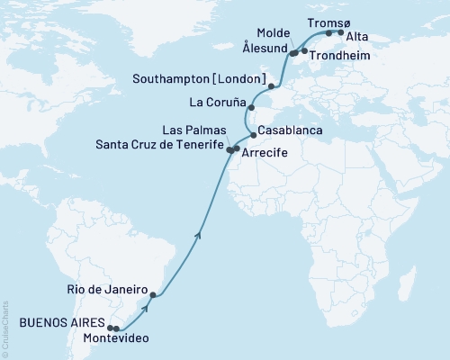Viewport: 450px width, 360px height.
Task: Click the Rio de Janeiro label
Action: click(x=104, y=290)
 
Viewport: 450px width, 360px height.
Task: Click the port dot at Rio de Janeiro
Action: click(x=153, y=295)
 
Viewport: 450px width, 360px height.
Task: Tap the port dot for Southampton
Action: click(x=271, y=86)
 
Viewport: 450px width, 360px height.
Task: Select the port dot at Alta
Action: click(x=340, y=32)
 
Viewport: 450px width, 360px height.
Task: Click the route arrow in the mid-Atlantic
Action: click(x=198, y=236)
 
